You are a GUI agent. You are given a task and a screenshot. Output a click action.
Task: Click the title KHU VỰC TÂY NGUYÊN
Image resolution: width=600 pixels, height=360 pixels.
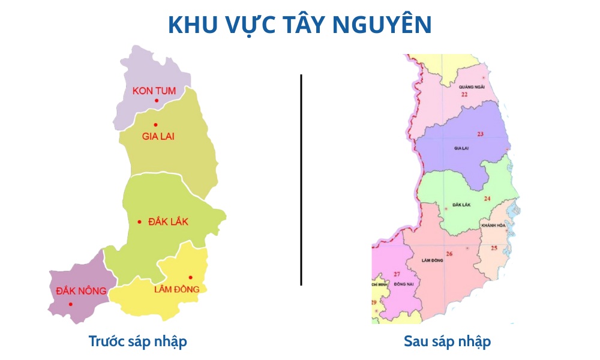[299, 25]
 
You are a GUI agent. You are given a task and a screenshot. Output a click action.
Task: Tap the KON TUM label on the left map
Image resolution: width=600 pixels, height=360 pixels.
[154, 91]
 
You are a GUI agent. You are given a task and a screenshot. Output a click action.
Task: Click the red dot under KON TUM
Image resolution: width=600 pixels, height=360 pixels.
[157, 100]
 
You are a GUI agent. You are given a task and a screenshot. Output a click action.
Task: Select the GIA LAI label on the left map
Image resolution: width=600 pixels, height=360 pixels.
[158, 136]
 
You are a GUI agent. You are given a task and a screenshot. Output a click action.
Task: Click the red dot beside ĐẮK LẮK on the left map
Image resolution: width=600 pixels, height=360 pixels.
[139, 222]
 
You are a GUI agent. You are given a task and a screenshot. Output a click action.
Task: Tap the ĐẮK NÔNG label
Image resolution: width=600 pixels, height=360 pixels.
[81, 291]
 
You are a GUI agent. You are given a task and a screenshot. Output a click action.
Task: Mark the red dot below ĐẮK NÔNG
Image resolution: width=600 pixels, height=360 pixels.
[70, 304]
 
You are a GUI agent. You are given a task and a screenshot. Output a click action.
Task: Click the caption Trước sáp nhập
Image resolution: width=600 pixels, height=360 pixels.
[138, 341]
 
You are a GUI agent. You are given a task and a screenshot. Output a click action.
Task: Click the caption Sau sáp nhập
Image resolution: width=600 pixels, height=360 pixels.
[447, 341]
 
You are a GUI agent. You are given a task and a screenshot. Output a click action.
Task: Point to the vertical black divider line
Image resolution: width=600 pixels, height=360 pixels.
[301, 180]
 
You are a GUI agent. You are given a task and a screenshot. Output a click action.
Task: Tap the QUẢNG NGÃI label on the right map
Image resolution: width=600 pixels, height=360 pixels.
[471, 86]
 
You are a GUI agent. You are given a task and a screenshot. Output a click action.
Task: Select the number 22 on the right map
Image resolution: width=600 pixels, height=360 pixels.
[464, 95]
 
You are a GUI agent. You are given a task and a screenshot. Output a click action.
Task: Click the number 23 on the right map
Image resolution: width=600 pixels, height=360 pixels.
[480, 133]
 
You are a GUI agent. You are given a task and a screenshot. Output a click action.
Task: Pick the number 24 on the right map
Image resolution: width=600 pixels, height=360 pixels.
[487, 199]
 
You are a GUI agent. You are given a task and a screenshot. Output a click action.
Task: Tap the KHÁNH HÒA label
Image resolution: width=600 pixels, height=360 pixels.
[494, 225]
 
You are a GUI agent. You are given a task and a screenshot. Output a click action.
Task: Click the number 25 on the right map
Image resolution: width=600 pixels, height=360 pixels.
[494, 248]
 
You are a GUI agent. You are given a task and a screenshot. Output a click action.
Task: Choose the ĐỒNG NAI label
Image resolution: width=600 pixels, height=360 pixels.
[396, 283]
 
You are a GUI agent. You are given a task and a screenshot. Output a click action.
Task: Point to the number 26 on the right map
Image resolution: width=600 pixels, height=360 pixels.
[449, 254]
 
